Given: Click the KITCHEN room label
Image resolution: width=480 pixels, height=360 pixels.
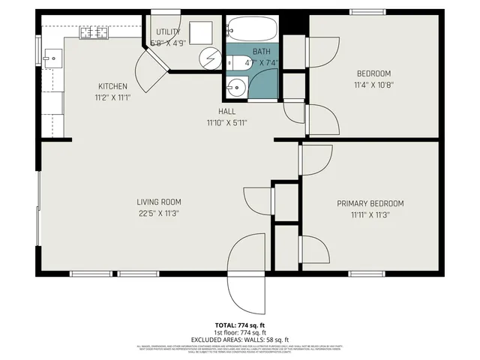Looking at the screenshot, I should click(112, 86).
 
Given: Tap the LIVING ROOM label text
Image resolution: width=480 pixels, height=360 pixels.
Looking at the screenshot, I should click(158, 202).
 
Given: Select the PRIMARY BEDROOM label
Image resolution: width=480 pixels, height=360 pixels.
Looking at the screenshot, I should click(370, 203).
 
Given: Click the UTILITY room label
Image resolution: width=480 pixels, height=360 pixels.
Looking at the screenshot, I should click(168, 31).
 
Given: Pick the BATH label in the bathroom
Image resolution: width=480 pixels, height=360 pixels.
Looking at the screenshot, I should click(260, 52).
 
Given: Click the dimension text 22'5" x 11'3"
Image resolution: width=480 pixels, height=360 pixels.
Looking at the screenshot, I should click(158, 214).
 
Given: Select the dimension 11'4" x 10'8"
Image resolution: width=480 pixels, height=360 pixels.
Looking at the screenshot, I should click(373, 85).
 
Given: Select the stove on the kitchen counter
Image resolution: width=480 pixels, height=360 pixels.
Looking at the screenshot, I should click(94, 32).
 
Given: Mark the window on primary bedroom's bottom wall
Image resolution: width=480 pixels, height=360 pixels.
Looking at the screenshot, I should click(370, 274).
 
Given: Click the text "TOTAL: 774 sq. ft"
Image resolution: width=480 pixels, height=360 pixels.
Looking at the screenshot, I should click(239, 326).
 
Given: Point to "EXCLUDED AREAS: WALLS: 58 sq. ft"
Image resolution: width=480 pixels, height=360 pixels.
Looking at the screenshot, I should click(239, 339).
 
